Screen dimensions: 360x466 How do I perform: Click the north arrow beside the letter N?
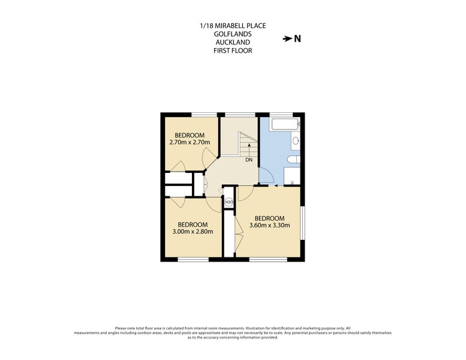(x=287, y=39)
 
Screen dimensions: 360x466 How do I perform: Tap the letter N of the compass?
(x=297, y=39)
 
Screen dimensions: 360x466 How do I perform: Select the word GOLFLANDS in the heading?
(x=233, y=34)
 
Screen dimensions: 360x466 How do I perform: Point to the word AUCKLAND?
(x=233, y=43)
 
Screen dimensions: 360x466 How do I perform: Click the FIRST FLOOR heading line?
(x=233, y=51)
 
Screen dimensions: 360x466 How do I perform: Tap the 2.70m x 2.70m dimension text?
(x=190, y=143)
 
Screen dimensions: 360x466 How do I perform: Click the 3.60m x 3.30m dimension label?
(x=270, y=226)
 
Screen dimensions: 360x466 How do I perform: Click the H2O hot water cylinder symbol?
(x=229, y=203)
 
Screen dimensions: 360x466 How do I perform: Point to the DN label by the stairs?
(x=248, y=160)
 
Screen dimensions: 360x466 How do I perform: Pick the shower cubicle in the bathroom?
(x=292, y=176)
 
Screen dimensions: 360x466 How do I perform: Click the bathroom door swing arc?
(x=267, y=176)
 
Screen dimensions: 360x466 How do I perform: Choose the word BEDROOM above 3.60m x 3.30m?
(x=270, y=218)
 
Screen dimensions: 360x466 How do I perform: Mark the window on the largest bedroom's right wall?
(x=302, y=223)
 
